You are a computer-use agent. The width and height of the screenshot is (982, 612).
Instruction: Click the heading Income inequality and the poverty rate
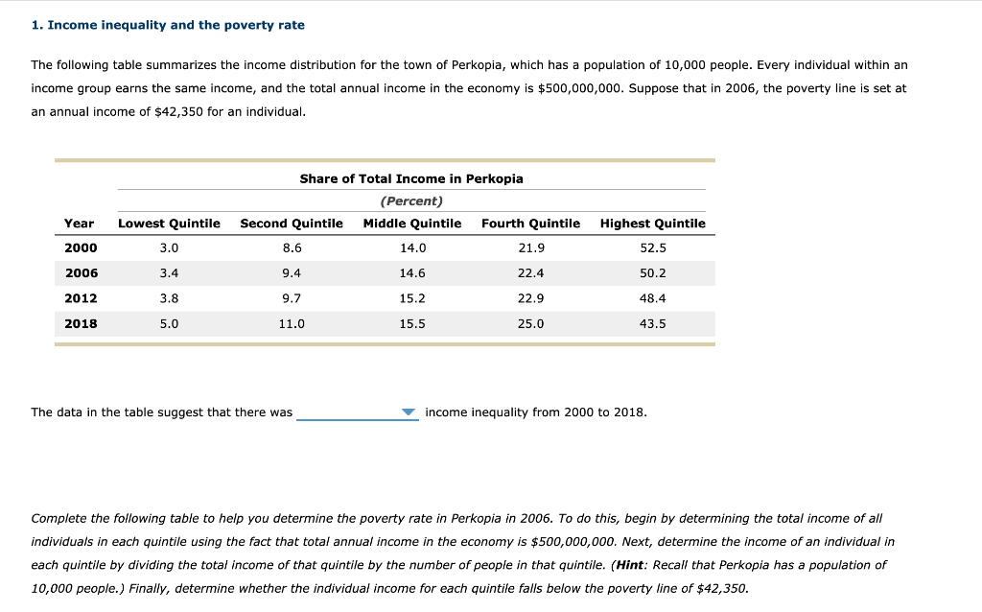click(168, 25)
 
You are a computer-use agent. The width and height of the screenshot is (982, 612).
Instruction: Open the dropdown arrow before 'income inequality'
click(409, 412)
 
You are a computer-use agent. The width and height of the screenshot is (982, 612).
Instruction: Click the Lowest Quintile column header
click(169, 224)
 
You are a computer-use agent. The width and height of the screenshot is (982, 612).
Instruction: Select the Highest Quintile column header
click(652, 224)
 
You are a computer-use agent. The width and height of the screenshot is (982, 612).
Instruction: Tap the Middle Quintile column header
click(411, 224)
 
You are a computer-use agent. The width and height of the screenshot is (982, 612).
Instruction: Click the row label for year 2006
click(81, 273)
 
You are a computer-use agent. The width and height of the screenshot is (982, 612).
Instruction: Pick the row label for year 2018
click(81, 323)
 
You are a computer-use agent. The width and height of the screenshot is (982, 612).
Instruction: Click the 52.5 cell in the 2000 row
click(652, 248)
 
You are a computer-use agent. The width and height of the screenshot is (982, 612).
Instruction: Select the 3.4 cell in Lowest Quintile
click(169, 273)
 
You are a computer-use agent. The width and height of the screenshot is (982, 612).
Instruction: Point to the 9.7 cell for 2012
click(292, 298)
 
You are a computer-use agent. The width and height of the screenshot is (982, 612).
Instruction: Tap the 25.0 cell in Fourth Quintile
click(530, 323)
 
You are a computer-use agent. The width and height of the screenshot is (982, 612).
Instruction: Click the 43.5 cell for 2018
click(652, 323)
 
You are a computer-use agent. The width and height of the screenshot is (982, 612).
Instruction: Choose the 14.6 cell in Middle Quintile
click(411, 273)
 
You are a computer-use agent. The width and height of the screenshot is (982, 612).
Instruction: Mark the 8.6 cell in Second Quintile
click(292, 248)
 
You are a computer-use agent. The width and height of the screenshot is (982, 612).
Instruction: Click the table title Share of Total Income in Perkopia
click(411, 178)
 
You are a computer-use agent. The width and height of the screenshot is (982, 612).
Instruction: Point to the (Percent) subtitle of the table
click(411, 201)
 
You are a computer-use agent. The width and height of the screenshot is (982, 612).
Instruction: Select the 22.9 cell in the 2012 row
click(530, 298)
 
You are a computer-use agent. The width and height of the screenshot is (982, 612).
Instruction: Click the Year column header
click(79, 224)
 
